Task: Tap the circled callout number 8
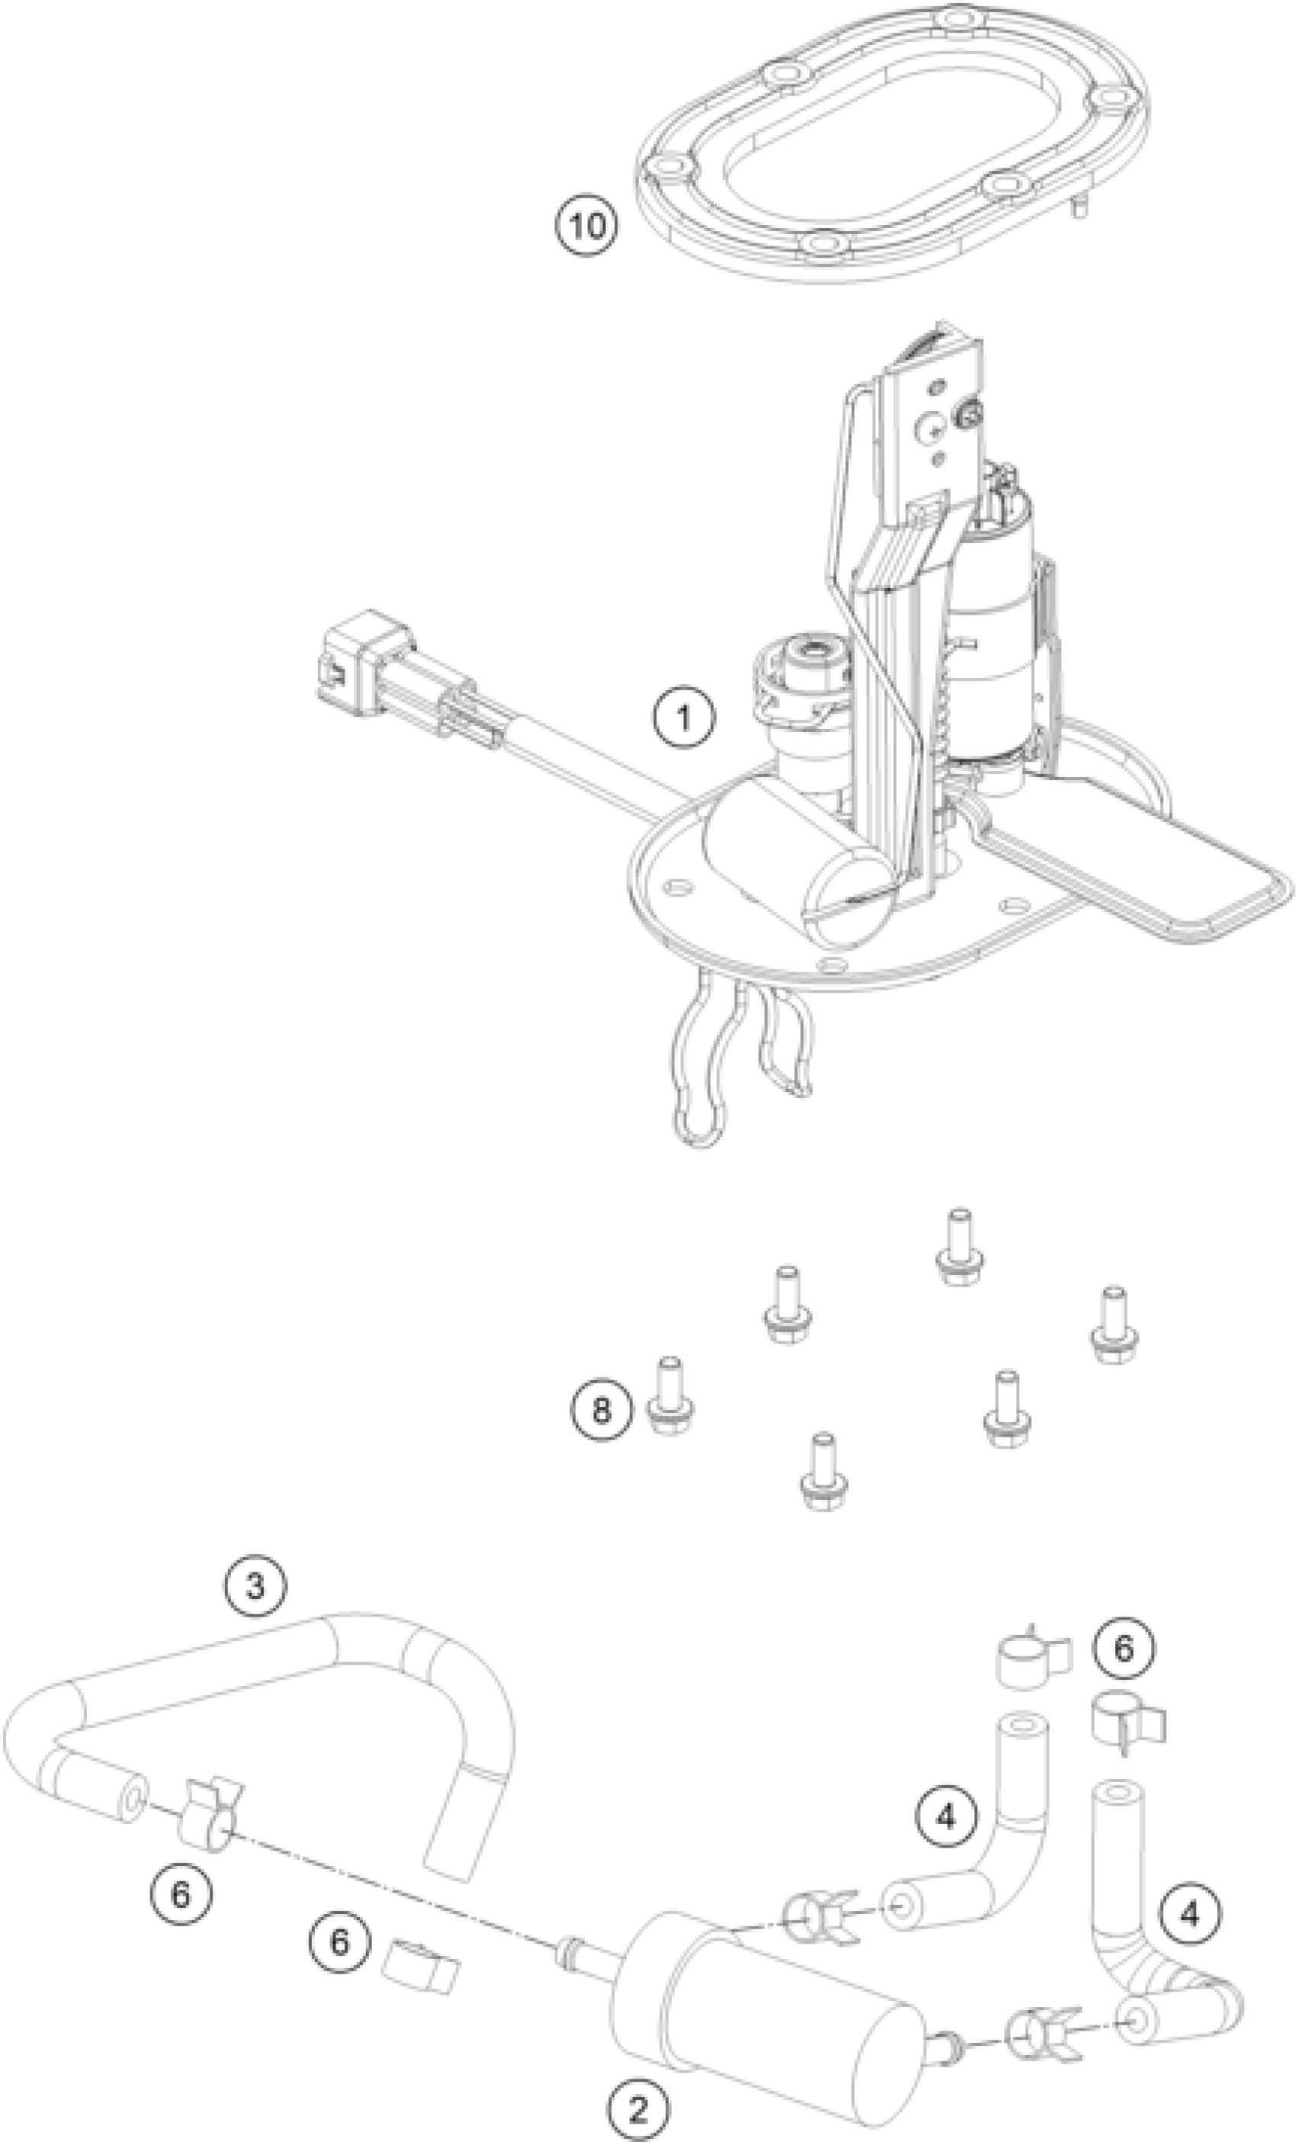point(602,1409)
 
